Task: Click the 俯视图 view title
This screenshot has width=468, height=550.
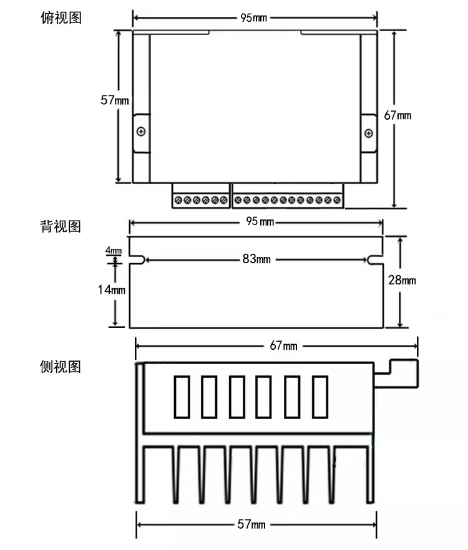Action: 61,18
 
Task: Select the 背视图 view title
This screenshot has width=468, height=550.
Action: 61,226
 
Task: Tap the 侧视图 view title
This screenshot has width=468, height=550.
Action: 61,367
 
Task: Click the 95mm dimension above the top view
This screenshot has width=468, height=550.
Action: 253,17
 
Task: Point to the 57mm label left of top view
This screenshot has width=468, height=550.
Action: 115,100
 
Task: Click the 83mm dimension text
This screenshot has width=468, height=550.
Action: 256,259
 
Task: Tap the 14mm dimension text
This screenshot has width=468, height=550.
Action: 112,289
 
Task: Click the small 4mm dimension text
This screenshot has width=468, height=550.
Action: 114,250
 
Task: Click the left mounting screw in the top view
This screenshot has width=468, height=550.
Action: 142,132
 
